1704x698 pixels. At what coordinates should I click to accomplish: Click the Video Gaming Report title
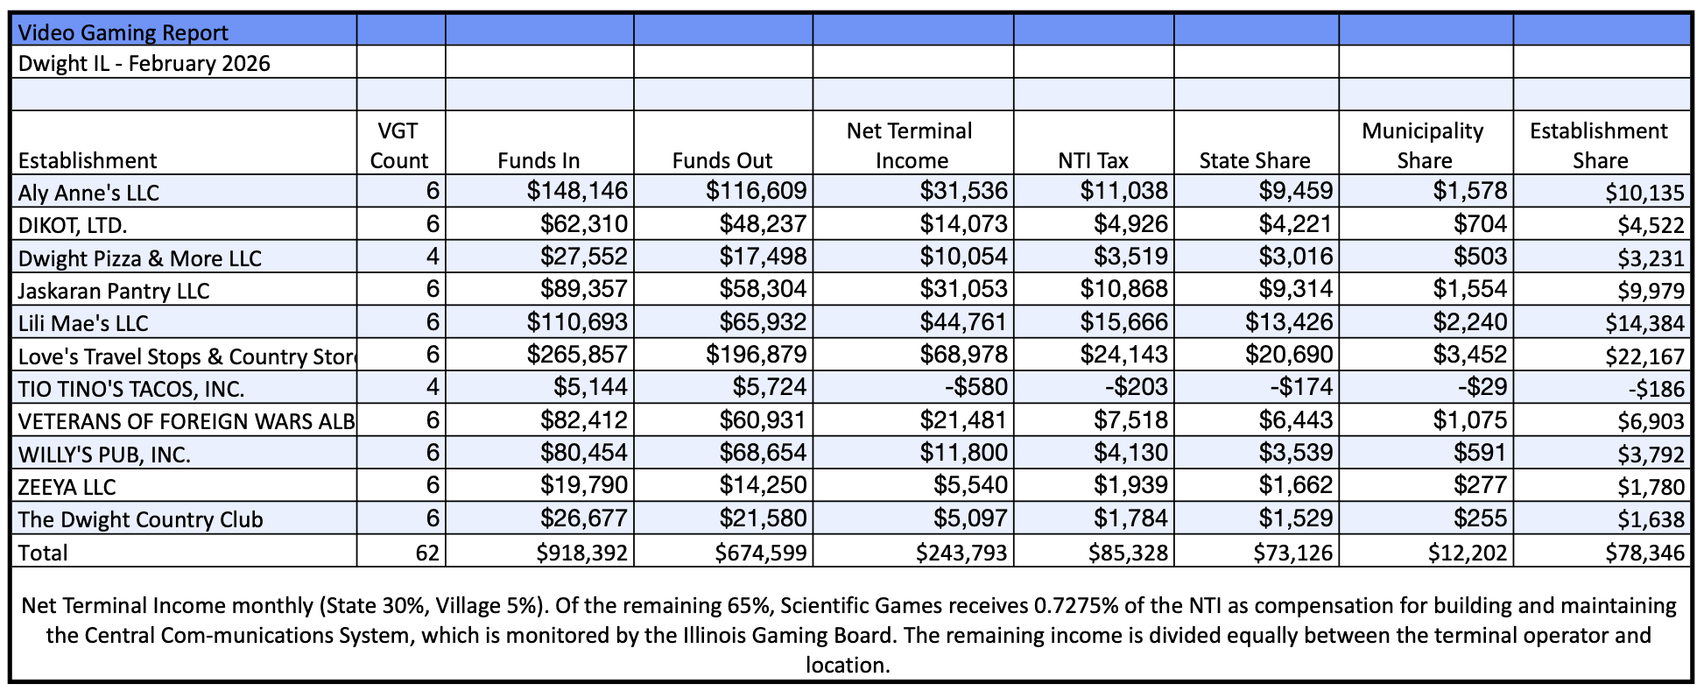coord(123,32)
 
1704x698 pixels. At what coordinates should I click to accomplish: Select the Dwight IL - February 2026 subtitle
coord(144,64)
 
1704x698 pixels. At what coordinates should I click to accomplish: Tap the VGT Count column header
coord(399,145)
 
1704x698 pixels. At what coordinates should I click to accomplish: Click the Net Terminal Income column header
coord(911,145)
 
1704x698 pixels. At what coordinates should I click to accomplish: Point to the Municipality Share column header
coord(1424,145)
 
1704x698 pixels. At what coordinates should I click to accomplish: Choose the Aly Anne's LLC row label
coord(88,193)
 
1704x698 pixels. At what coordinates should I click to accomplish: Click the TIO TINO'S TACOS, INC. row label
coord(131,389)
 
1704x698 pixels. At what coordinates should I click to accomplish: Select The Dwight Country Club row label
coord(140,519)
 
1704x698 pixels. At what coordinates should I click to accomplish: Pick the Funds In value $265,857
coord(577,355)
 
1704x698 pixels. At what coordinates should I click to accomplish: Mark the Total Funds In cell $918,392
coord(581,553)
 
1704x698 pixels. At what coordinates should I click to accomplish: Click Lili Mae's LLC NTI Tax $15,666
coord(1124,322)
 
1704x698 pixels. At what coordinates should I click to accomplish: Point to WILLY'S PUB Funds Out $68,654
coord(763,453)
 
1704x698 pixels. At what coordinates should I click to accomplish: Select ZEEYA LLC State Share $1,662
coord(1296,485)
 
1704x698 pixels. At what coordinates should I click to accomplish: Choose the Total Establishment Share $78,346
coord(1644,553)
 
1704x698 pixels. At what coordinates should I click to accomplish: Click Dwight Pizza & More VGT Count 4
coord(432,257)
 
